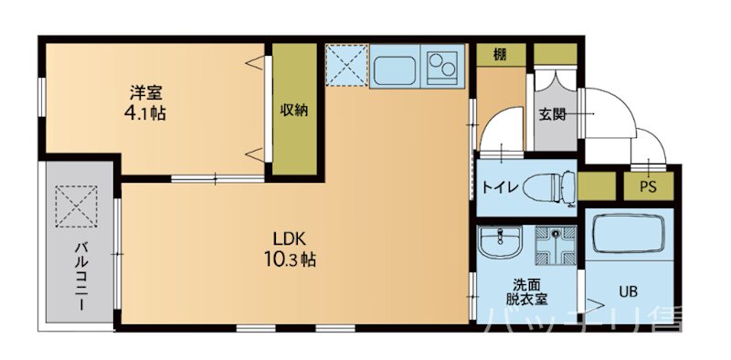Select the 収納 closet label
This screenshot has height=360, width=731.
pyautogui.click(x=293, y=110)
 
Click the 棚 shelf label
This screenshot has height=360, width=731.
pyautogui.click(x=500, y=54)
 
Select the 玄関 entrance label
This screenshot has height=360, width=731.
pyautogui.click(x=552, y=114)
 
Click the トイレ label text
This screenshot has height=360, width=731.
pyautogui.click(x=501, y=188)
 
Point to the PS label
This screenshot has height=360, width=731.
pyautogui.click(x=648, y=187)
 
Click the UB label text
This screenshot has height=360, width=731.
pyautogui.click(x=628, y=292)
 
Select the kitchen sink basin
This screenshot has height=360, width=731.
pyautogui.click(x=393, y=67)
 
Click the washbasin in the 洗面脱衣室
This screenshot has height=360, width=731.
pyautogui.click(x=498, y=244)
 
